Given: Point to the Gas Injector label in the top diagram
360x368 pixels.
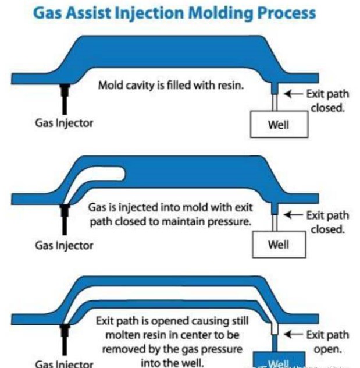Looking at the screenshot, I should [64, 123].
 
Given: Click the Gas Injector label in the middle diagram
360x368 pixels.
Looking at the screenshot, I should [64, 245].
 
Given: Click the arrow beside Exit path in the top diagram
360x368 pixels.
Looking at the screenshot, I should [294, 94].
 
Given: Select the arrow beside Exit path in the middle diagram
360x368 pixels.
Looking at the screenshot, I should [294, 215].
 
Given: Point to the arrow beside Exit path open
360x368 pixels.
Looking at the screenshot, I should [294, 334].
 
